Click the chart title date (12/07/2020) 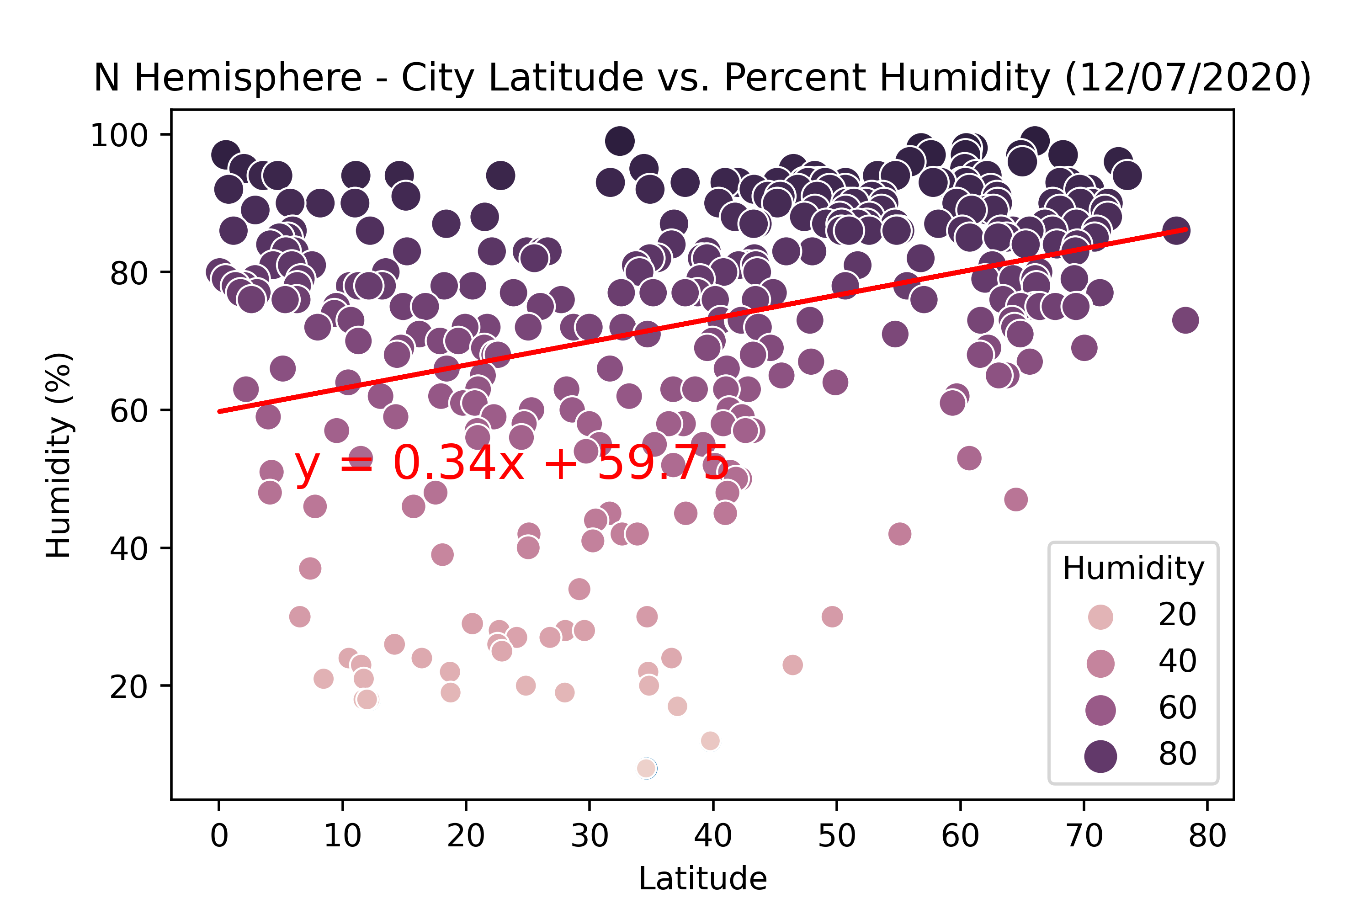(x=1187, y=78)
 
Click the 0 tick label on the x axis (x=219, y=836)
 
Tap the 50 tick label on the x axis (x=836, y=836)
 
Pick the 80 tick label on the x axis (x=1207, y=836)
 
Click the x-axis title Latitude (x=702, y=879)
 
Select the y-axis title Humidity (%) (x=59, y=455)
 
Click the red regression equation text (x=511, y=463)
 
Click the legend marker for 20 (x=1100, y=616)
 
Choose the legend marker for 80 (x=1100, y=756)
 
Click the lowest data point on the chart (x=646, y=768)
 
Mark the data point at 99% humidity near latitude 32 (x=620, y=141)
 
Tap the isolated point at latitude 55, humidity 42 (x=899, y=534)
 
